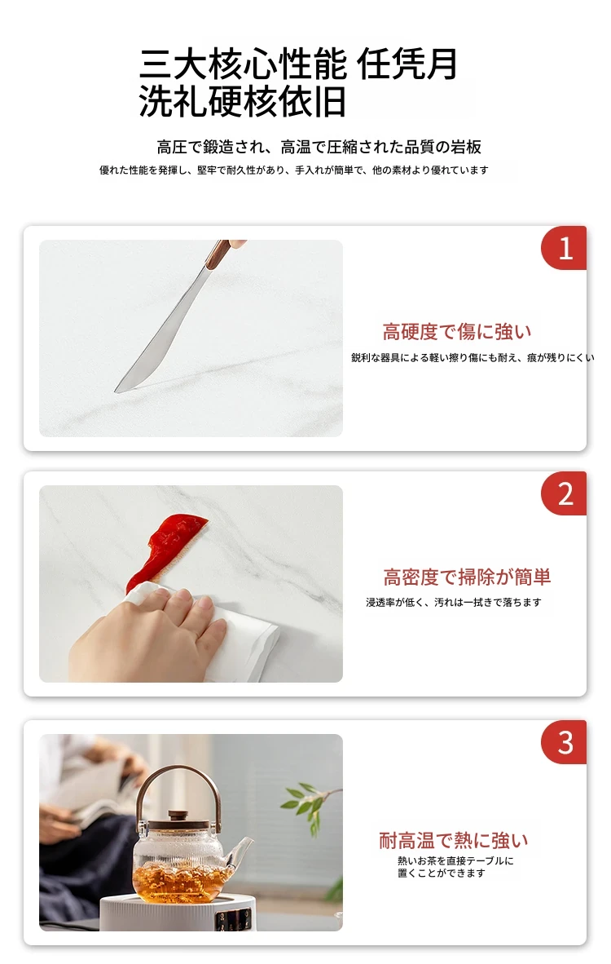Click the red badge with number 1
564,248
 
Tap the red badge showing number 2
564,493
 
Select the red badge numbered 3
564,742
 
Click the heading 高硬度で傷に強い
457,332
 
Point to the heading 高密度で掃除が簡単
468,577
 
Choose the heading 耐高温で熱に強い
453,840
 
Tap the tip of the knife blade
115,391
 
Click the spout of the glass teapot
240,851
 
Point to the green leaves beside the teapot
310,800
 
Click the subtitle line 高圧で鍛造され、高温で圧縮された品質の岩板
319,147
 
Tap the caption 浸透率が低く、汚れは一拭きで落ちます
454,603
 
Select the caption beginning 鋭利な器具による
473,358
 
